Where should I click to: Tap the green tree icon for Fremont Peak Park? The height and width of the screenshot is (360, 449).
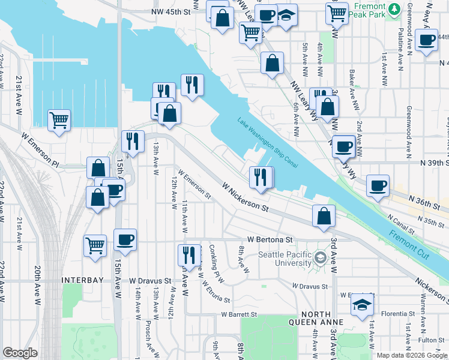394,9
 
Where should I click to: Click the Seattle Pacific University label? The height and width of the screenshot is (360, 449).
285,258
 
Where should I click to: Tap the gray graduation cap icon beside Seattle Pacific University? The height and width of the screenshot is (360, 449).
320,259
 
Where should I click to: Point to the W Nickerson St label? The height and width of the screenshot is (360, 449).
245,197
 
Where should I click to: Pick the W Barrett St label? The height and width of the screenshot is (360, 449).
238,314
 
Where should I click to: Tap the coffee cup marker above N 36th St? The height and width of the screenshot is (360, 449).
378,185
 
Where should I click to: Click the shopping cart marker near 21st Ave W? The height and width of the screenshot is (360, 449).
59,119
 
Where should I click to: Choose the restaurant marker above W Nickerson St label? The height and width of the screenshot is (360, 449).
261,176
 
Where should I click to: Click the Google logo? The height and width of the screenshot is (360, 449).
20,353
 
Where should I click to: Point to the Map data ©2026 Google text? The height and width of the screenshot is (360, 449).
411,355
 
